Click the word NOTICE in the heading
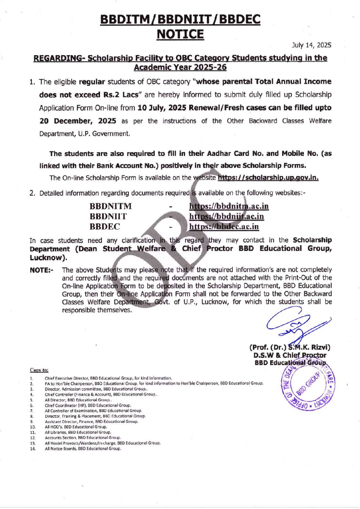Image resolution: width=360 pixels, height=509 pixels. tap(180, 34)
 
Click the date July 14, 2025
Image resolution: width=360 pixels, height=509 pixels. tap(311, 45)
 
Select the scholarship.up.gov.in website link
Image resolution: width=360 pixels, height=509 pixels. tap(268, 178)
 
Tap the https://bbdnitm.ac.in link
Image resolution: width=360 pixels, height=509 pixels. tap(229, 206)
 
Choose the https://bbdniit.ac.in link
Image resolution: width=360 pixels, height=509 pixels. tap(226, 217)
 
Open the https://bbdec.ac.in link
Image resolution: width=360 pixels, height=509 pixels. tap(224, 227)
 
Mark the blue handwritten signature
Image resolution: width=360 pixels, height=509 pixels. tap(296, 324)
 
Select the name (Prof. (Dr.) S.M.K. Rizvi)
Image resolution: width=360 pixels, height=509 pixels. tap(290, 348)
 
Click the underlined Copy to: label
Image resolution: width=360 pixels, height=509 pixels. tap(39, 370)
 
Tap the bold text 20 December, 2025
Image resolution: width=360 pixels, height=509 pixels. tap(78, 121)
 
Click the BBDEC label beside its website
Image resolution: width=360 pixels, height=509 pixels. tap(105, 227)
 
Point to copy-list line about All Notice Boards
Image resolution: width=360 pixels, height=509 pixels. tap(83, 449)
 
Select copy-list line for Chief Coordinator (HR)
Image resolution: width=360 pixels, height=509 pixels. tap(88, 405)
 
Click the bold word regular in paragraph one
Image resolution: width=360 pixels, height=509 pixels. tap(92, 82)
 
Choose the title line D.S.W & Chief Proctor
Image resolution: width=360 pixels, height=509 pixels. tap(290, 355)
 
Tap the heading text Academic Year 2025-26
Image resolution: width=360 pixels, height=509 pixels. tap(180, 67)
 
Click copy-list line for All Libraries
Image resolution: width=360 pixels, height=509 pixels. tap(78, 432)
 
